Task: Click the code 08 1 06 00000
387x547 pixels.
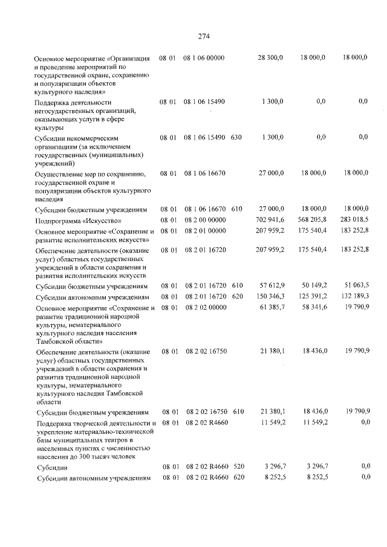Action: pyautogui.click(x=204, y=57)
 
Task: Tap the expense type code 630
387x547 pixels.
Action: pyautogui.click(x=236, y=137)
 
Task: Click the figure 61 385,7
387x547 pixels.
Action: pyautogui.click(x=271, y=308)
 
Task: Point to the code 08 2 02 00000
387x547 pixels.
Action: pyautogui.click(x=204, y=308)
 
